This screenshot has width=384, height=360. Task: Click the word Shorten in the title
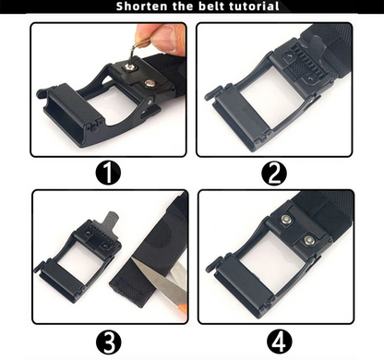point(142,7)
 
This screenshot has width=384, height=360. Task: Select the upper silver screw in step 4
point(286,220)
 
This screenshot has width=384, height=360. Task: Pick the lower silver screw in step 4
point(308,241)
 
